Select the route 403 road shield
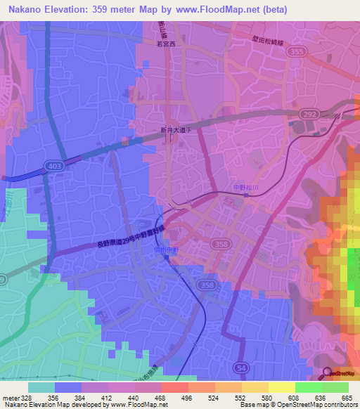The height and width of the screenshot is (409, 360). coord(57,166)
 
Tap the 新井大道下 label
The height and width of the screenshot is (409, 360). coord(172,131)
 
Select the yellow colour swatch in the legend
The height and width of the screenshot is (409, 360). coord(281,387)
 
